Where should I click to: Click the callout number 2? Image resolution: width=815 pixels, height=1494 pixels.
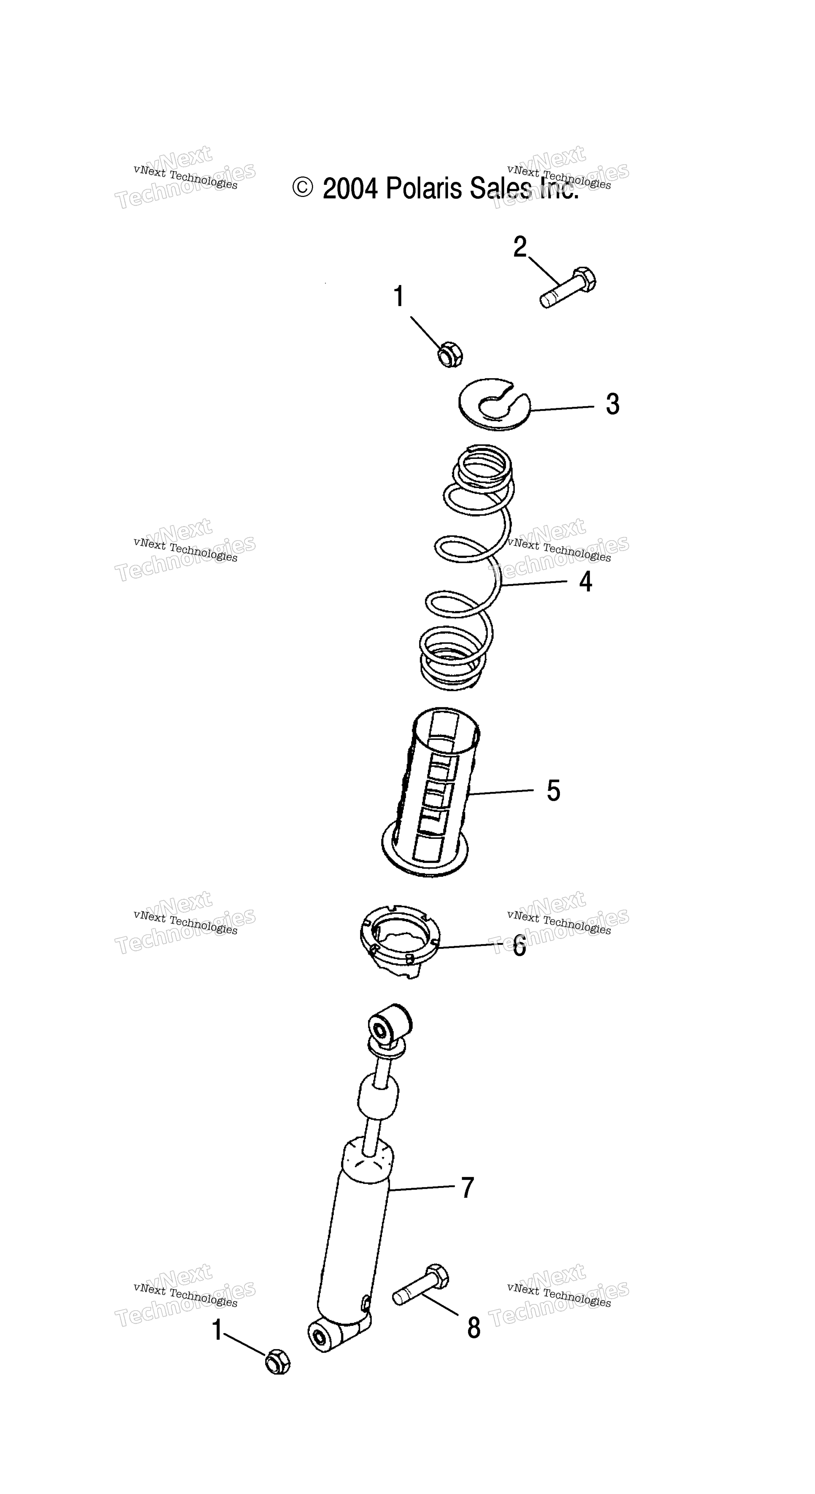pos(520,247)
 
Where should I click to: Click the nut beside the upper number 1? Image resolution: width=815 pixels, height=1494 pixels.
pos(450,354)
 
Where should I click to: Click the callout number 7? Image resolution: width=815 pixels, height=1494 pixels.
pos(467,1187)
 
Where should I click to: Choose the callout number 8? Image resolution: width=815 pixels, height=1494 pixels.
pos(473,1328)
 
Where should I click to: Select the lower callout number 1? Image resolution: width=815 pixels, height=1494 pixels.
pos(217,1330)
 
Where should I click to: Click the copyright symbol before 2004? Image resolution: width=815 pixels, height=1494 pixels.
pos(302,187)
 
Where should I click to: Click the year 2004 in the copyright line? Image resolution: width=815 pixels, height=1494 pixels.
pos(350,189)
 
